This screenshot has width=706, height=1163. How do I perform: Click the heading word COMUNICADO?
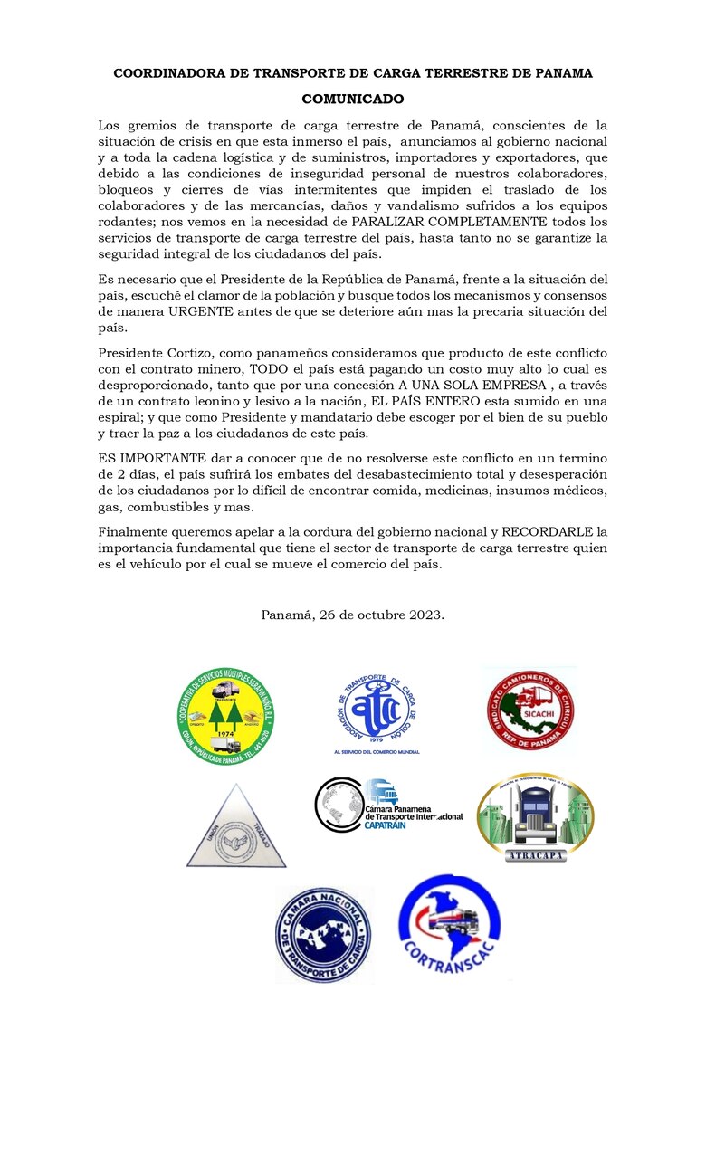point(352,99)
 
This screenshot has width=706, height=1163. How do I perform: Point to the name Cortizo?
point(188,351)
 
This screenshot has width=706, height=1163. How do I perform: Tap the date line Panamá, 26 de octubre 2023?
point(352,615)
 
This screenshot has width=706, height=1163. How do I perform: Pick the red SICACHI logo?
point(529,710)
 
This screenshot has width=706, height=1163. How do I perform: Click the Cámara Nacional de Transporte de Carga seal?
point(323,934)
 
